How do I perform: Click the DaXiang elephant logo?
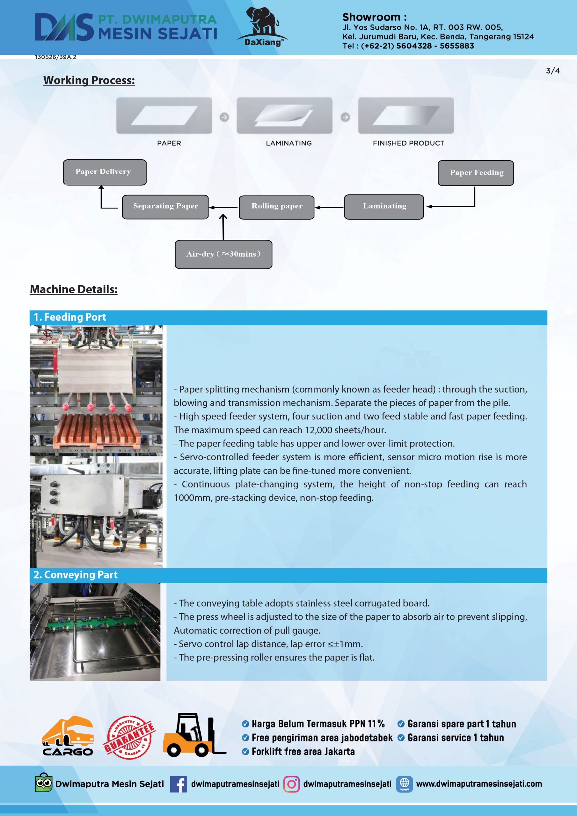pyautogui.click(x=262, y=27)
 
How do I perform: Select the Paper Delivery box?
pyautogui.click(x=105, y=172)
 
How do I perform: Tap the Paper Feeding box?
pyautogui.click(x=476, y=173)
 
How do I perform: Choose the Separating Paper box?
pyautogui.click(x=165, y=207)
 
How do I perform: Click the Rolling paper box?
pyautogui.click(x=277, y=207)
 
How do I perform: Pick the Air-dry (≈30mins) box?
pyautogui.click(x=223, y=254)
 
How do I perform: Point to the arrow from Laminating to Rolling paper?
pyautogui.click(x=329, y=207)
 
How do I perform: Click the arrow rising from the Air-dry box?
pyautogui.click(x=223, y=227)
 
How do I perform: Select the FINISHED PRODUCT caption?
pyautogui.click(x=408, y=143)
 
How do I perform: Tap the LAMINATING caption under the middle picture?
pyautogui.click(x=289, y=143)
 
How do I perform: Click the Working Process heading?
pyautogui.click(x=89, y=80)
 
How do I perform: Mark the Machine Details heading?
pyautogui.click(x=74, y=289)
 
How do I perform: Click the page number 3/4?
pyautogui.click(x=553, y=71)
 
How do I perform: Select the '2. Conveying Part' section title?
pyautogui.click(x=75, y=575)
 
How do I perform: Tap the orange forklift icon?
pyautogui.click(x=194, y=735)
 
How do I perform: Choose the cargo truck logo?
pyautogui.click(x=68, y=736)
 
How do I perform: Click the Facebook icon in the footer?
pyautogui.click(x=179, y=784)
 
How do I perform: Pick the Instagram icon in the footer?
pyautogui.click(x=291, y=784)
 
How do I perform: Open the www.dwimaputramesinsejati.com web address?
pyautogui.click(x=479, y=784)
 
